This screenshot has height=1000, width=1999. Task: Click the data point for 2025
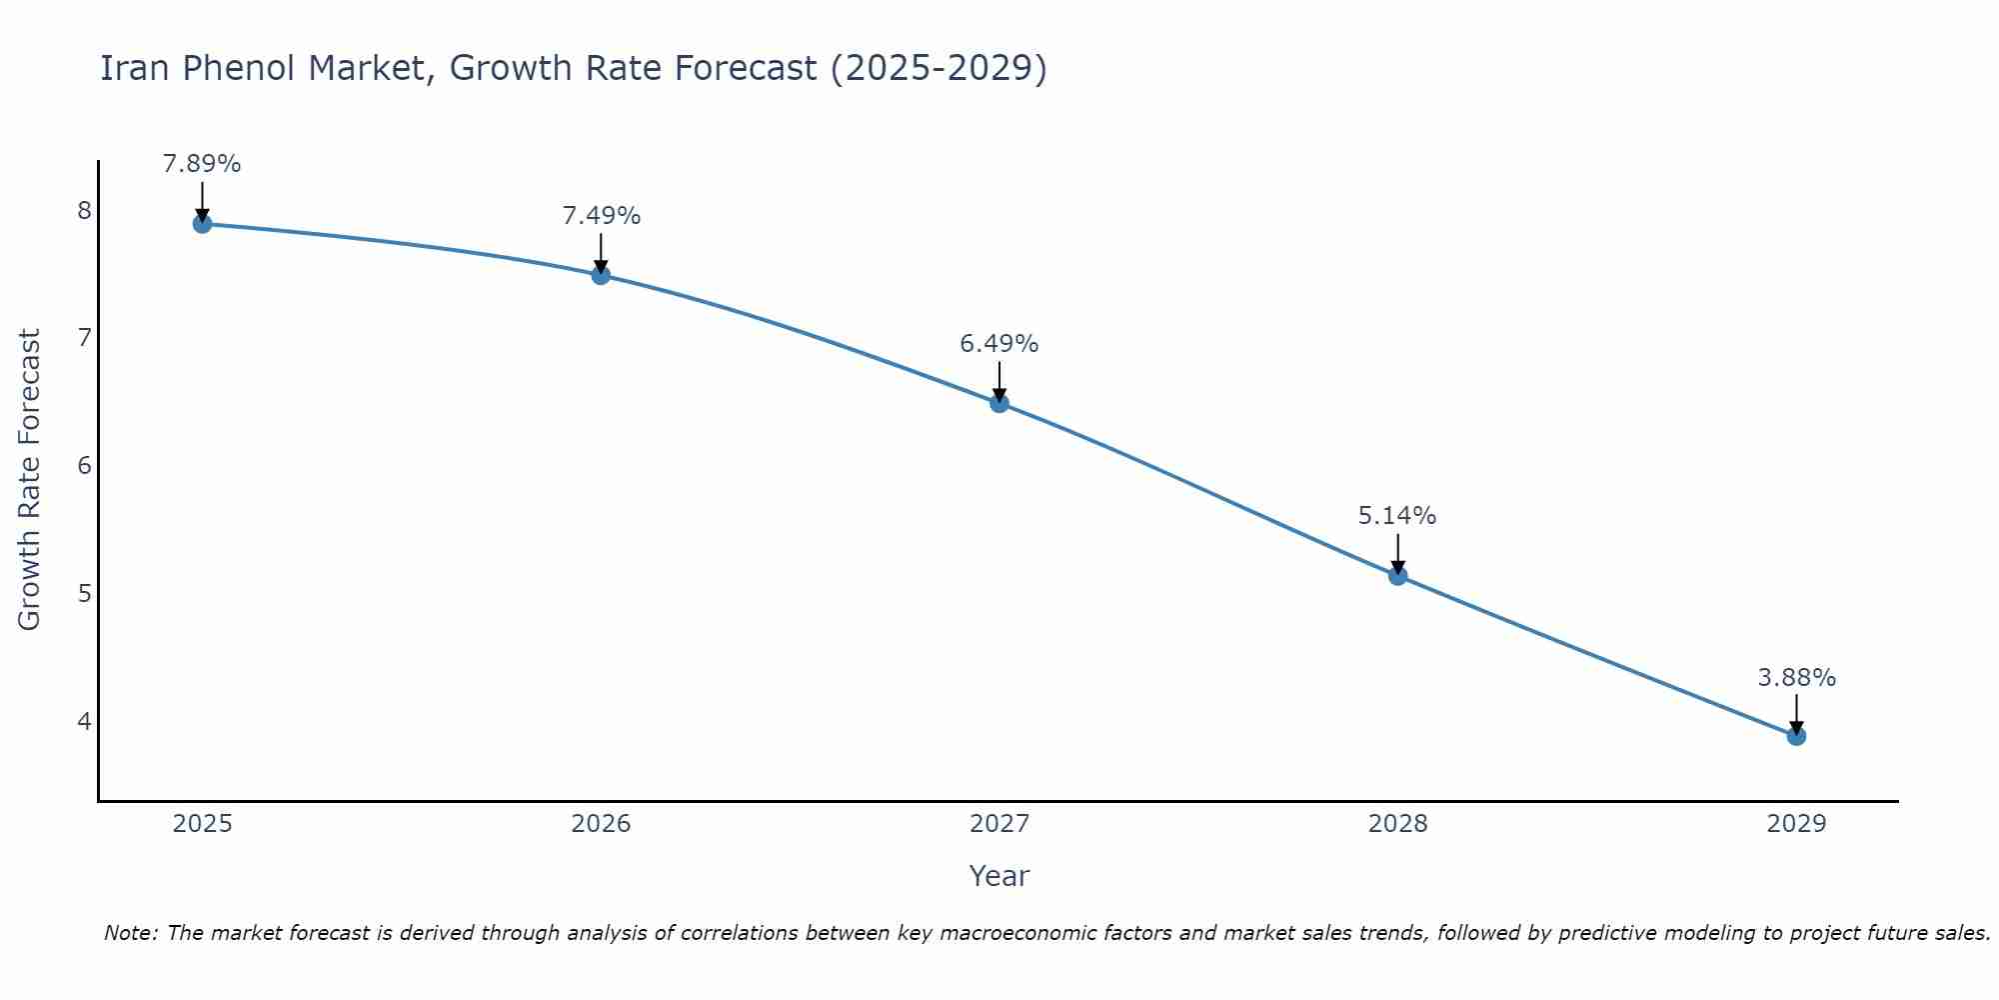point(202,224)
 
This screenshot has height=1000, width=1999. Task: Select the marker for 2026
point(601,275)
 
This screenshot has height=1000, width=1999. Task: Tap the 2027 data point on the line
point(999,403)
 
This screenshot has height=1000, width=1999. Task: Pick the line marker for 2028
point(1397,576)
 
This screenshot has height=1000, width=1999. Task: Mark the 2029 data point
point(1796,736)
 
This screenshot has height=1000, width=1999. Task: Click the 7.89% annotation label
point(202,164)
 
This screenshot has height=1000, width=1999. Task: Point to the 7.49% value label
point(601,216)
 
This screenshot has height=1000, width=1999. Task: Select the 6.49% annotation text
point(999,344)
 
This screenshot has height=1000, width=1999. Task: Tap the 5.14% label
point(1397,516)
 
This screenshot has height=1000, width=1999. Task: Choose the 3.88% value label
point(1796,678)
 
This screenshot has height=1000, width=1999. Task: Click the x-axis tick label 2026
point(601,824)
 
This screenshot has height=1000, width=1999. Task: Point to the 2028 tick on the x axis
point(1397,824)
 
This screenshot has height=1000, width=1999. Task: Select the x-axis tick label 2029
point(1796,824)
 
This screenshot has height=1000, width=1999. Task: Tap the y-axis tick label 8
point(84,210)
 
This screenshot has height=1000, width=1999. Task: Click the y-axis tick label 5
point(84,593)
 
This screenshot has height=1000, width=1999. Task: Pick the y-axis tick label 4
point(84,721)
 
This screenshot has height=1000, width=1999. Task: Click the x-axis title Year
point(999,876)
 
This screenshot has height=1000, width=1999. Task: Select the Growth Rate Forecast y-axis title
point(30,480)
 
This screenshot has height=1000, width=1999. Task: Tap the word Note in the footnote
point(130,933)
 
